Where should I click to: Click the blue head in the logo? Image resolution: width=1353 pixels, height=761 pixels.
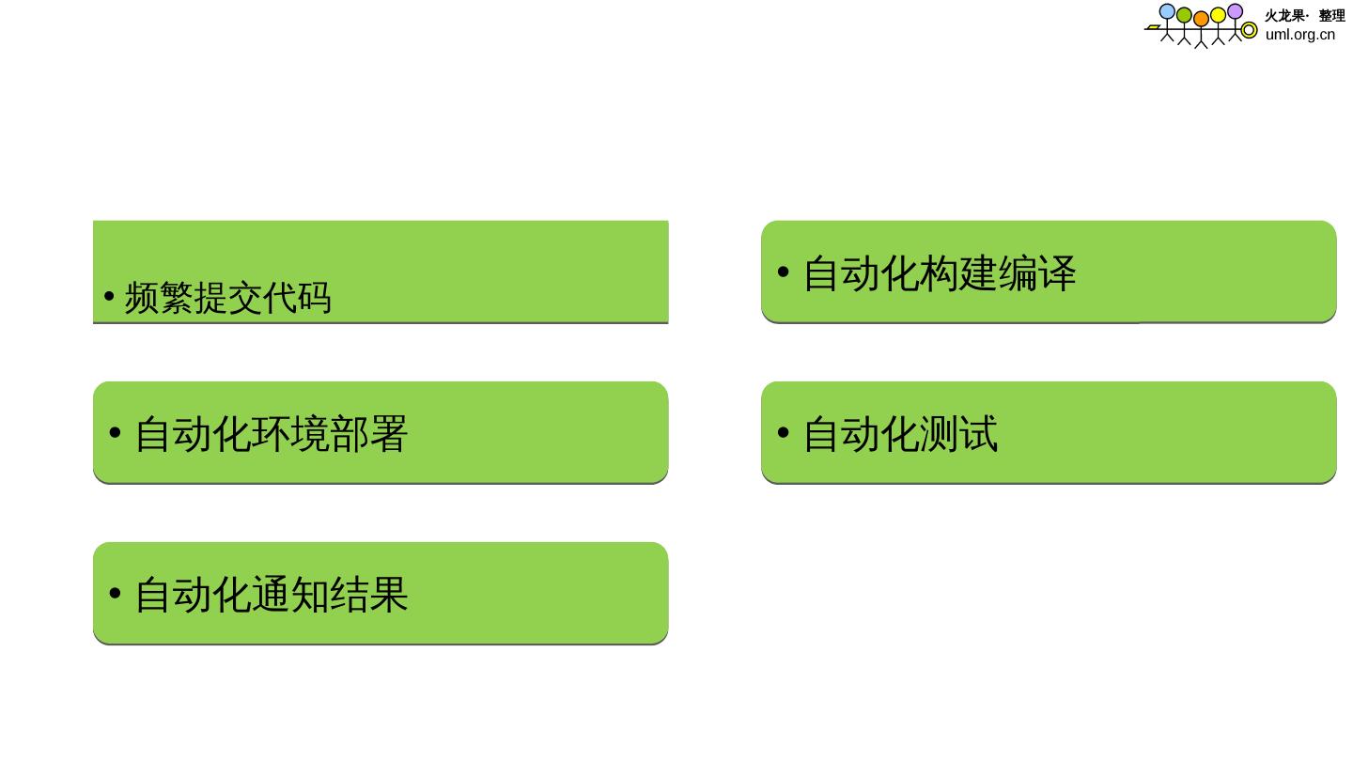1167,11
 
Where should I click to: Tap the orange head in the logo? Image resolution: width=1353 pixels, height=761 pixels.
1201,19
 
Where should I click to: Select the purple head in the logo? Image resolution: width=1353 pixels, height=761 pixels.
1235,11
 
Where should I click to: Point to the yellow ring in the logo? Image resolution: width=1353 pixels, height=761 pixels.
1249,30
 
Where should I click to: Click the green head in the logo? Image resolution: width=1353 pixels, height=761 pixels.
1184,15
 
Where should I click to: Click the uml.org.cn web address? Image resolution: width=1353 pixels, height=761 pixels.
1299,35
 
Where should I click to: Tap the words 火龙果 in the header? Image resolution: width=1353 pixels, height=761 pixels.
1284,16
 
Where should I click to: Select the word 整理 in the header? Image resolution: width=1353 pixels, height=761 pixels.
1331,16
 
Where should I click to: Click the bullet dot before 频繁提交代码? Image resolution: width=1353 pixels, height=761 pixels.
110,299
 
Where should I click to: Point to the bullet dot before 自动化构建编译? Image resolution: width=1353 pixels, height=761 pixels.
783,273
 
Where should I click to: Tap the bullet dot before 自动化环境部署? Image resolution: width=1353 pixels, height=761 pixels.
115,433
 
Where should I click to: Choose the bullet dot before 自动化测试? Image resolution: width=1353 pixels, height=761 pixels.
783,433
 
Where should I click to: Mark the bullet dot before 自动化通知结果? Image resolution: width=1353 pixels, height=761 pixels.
115,594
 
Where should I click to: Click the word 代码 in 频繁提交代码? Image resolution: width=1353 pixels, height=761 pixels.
297,298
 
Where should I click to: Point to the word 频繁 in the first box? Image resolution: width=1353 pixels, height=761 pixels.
159,298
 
